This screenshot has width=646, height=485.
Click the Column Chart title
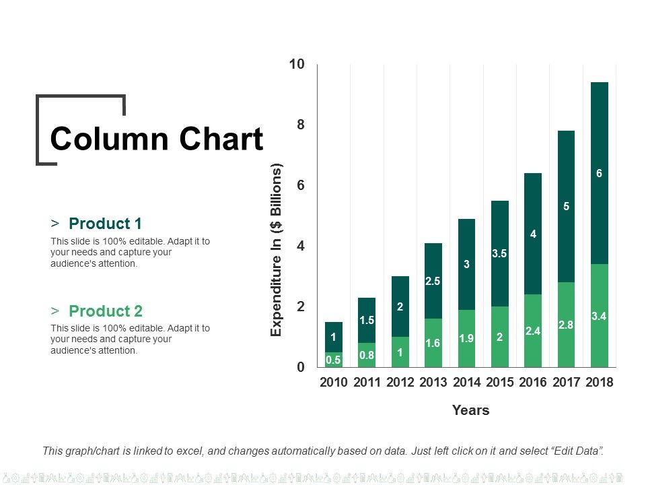pos(156,139)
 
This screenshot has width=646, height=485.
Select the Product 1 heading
pos(106,224)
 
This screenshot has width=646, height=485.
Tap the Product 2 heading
pos(106,311)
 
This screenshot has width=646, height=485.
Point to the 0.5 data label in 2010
pos(333,360)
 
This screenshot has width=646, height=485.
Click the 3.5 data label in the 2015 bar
pos(499,254)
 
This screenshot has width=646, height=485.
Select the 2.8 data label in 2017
pos(566,325)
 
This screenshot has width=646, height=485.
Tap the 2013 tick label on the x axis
pos(433,383)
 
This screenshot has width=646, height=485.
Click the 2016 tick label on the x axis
pos(533,383)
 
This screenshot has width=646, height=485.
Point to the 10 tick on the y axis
pos(297,65)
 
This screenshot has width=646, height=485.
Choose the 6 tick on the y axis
pos(301,185)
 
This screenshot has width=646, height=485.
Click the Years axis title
pos(470,410)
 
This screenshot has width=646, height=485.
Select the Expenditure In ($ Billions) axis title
pos(276,249)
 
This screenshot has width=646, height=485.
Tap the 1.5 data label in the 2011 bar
pos(366,321)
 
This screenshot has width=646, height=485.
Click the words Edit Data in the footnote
pos(575,451)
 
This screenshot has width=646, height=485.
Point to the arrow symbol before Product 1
pos(55,224)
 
